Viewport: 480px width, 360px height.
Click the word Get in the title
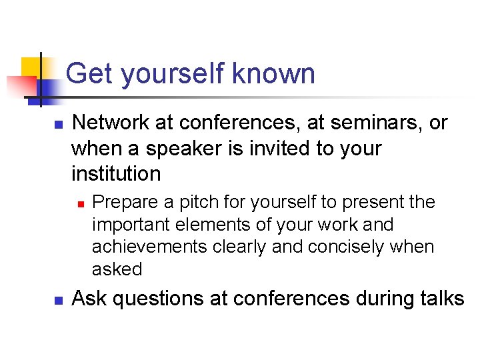pyautogui.click(x=89, y=73)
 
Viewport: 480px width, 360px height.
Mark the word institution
pyautogui.click(x=116, y=173)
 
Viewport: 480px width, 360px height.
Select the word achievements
pyautogui.click(x=150, y=247)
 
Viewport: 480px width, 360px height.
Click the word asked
pyautogui.click(x=117, y=269)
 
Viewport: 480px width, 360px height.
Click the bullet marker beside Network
pyautogui.click(x=58, y=125)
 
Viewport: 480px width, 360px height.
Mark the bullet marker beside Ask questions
pyautogui.click(x=58, y=300)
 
